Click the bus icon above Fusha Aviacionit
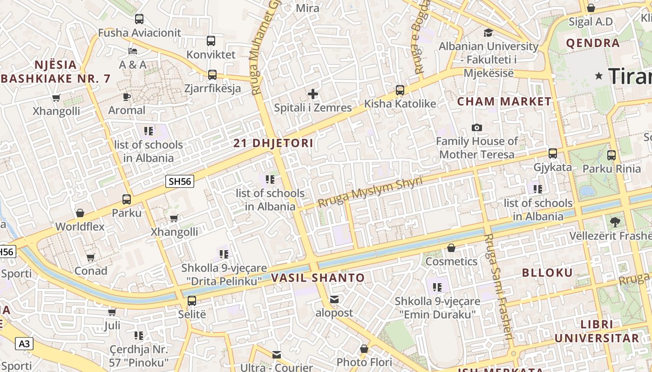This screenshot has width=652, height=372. pyautogui.click(x=139, y=19)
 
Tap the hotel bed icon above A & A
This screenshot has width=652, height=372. pyautogui.click(x=133, y=51)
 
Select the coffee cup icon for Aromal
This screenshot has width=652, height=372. pyautogui.click(x=127, y=97)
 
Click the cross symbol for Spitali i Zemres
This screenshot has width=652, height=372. pyautogui.click(x=313, y=94)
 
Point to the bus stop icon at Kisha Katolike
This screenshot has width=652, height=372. pyautogui.click(x=400, y=90)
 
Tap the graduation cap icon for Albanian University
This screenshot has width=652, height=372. pyautogui.click(x=488, y=33)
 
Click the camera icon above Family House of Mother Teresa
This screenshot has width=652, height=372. pyautogui.click(x=477, y=127)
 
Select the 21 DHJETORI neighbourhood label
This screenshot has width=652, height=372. pyautogui.click(x=273, y=143)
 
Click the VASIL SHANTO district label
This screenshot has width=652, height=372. pyautogui.click(x=318, y=278)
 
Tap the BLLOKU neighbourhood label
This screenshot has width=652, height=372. pyautogui.click(x=547, y=273)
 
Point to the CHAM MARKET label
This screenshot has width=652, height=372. pyautogui.click(x=504, y=101)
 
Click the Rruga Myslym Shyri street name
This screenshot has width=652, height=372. pyautogui.click(x=370, y=192)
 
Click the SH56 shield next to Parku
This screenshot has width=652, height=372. pyautogui.click(x=180, y=181)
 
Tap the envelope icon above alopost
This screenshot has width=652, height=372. pyautogui.click(x=334, y=299)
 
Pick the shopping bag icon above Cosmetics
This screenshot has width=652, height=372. pyautogui.click(x=451, y=248)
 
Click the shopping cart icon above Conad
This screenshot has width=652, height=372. pyautogui.click(x=91, y=257)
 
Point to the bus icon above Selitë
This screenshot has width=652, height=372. pyautogui.click(x=191, y=300)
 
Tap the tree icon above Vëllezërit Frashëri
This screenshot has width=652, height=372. pyautogui.click(x=615, y=222)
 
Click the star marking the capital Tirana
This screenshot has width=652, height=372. pyautogui.click(x=599, y=76)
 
